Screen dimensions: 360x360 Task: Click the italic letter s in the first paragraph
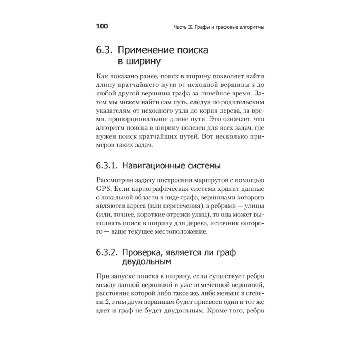(248, 85)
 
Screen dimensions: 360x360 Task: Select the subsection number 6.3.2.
(107, 253)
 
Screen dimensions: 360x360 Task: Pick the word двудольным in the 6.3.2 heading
(145, 262)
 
